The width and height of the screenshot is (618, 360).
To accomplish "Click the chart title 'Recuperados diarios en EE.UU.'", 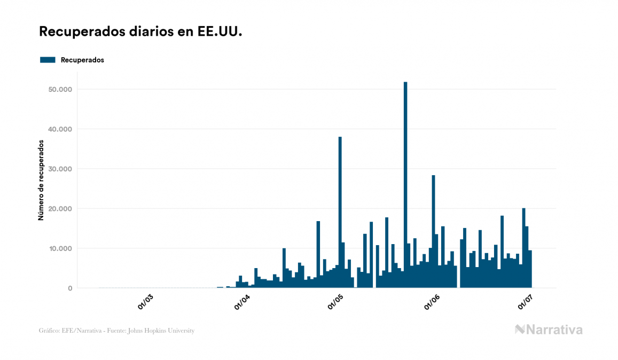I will [x=140, y=32].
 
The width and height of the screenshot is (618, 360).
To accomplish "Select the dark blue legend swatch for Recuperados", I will [x=48, y=60].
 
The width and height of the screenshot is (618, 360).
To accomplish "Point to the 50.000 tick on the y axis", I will [x=60, y=89].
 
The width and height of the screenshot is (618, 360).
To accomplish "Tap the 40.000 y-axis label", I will [x=60, y=129].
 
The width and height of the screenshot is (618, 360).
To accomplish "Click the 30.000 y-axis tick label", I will [x=60, y=169].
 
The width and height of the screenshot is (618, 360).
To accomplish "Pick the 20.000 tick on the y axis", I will [x=60, y=209].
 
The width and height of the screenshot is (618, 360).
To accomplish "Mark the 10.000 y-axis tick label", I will [x=60, y=248].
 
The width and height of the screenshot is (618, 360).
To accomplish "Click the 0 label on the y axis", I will [x=69, y=288].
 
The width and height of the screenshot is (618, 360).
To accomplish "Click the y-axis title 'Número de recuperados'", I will [x=41, y=180].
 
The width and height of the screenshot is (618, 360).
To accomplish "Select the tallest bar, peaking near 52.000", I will [x=405, y=187].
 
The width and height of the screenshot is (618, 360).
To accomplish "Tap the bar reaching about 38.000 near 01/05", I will [x=340, y=214].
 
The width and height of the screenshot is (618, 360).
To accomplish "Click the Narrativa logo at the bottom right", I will [x=549, y=330].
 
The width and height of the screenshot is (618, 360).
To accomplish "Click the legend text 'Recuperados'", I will [x=82, y=60].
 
